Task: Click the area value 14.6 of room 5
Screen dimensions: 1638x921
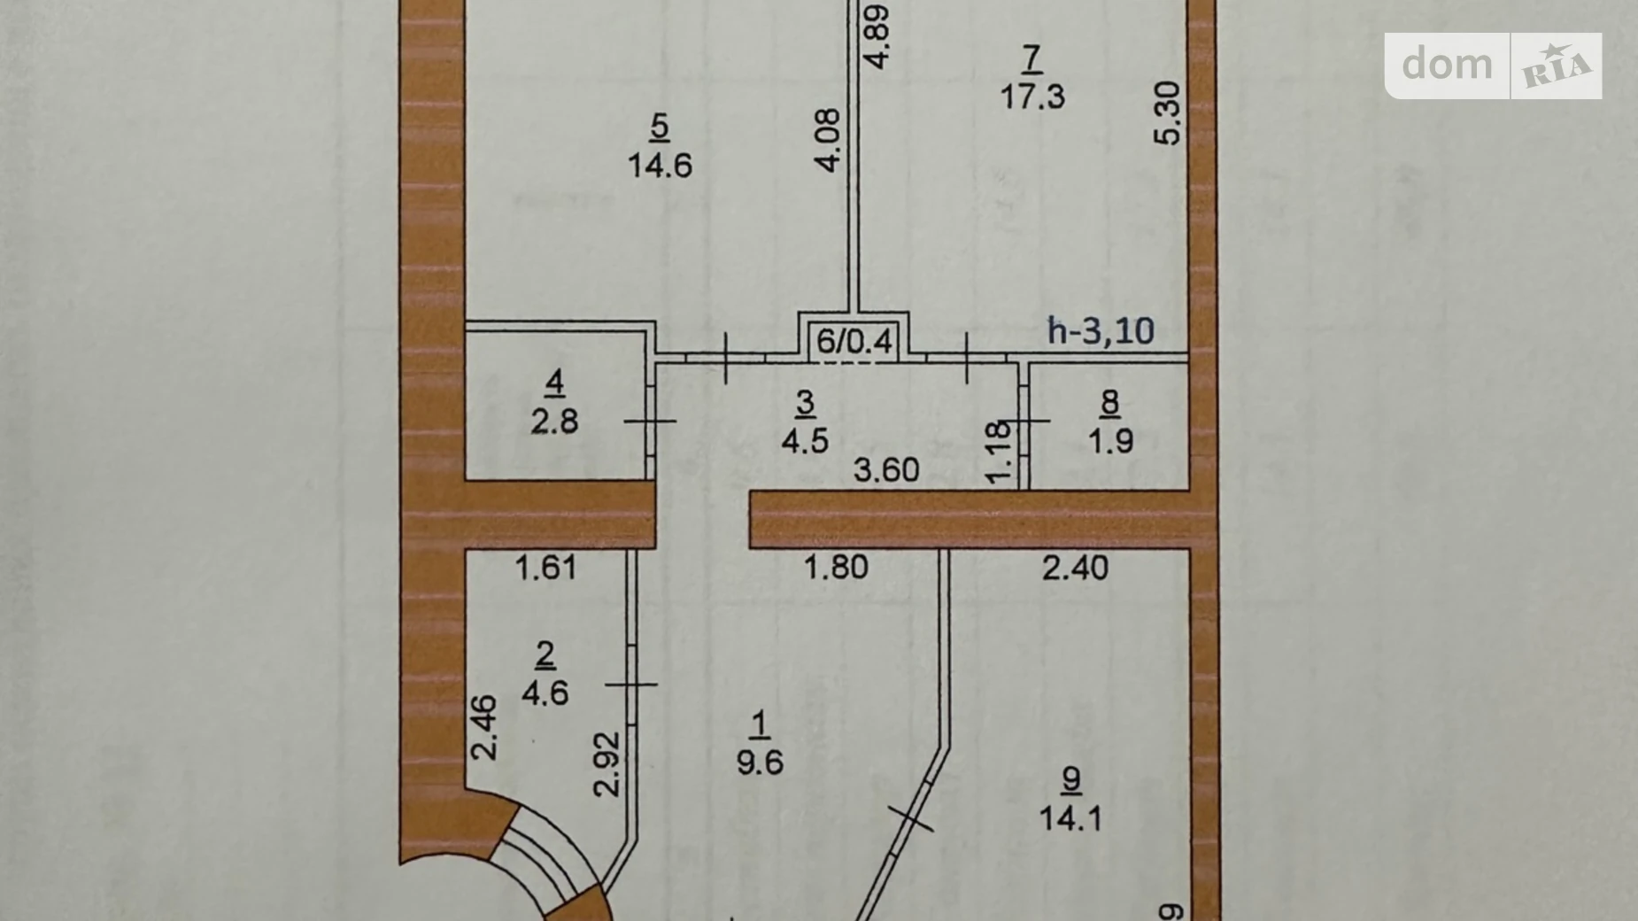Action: [x=660, y=166]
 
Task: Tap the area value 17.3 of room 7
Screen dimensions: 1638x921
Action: [x=1032, y=96]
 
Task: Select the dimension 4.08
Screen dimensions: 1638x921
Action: [x=828, y=140]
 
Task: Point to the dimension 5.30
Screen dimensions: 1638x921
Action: [x=1169, y=112]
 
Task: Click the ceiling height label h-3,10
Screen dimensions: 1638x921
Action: [x=1101, y=330]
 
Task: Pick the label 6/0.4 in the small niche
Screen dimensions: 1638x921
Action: [x=854, y=341]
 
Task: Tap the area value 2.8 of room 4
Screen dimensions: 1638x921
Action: [x=554, y=422]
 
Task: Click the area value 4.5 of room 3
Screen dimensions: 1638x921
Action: [x=805, y=440]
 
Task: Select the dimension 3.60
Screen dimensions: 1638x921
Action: [x=886, y=469]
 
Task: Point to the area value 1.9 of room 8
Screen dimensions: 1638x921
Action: [x=1110, y=440]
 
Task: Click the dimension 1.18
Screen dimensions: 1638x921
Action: [x=998, y=453]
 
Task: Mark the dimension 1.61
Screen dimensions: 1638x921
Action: [x=546, y=567]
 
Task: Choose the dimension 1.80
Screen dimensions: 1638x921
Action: [x=836, y=567]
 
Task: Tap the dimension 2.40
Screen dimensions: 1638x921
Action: [x=1075, y=567]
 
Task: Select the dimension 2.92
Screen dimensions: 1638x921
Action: [x=607, y=763]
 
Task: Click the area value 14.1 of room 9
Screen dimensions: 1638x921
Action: [x=1070, y=818]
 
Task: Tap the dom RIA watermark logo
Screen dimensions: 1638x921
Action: [x=1494, y=66]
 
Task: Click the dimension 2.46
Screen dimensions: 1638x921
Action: [x=484, y=728]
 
